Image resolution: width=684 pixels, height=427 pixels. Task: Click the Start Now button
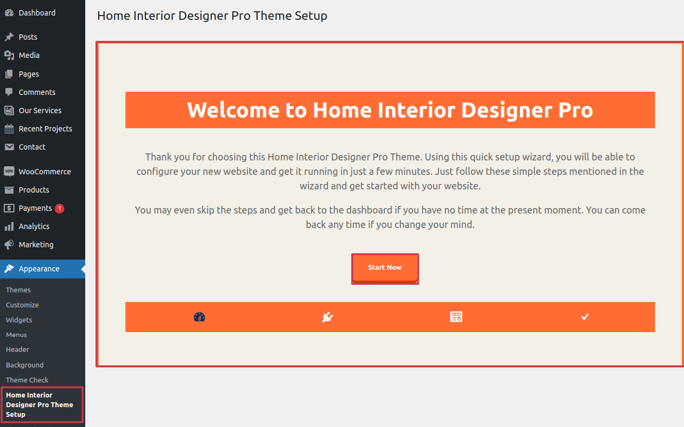tap(385, 268)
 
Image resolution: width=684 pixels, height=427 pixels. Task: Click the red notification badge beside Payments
tap(60, 209)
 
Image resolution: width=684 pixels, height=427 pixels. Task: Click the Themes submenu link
tap(18, 290)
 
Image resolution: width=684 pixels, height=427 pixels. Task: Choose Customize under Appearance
tap(23, 305)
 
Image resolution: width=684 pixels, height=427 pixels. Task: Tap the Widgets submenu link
tap(19, 320)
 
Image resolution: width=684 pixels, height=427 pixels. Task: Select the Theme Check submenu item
tap(27, 380)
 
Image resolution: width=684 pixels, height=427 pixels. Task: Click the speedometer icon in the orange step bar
tap(199, 317)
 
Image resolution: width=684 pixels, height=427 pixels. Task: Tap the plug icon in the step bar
tap(328, 317)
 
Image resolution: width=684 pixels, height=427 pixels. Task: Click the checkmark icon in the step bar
tap(585, 317)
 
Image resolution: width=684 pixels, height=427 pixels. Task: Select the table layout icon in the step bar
tap(456, 317)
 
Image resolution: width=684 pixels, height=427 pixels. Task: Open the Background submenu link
tap(25, 365)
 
